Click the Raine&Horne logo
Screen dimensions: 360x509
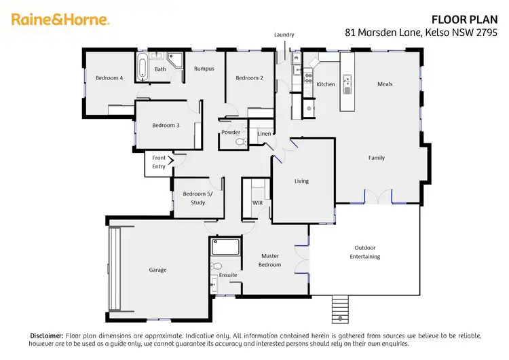coord(60,19)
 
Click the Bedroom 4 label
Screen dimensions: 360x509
coord(109,78)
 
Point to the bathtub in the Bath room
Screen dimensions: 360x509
coord(143,69)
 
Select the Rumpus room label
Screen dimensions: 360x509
coord(204,69)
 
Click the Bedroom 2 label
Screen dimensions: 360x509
coord(249,78)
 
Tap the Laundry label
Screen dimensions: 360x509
coord(284,35)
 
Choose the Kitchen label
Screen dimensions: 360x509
coord(326,84)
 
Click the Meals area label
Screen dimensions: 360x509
coord(385,84)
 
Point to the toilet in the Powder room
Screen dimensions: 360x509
coord(239,143)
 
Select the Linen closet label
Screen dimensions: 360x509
coord(264,134)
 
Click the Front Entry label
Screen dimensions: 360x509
coord(159,162)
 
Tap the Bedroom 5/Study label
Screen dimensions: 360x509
coord(197,198)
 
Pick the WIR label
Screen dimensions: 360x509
coord(257,203)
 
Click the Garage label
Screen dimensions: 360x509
coord(157,270)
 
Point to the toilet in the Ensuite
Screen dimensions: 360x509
coord(216,266)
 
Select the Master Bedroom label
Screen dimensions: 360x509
coord(269,260)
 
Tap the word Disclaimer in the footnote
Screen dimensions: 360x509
coord(47,336)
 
